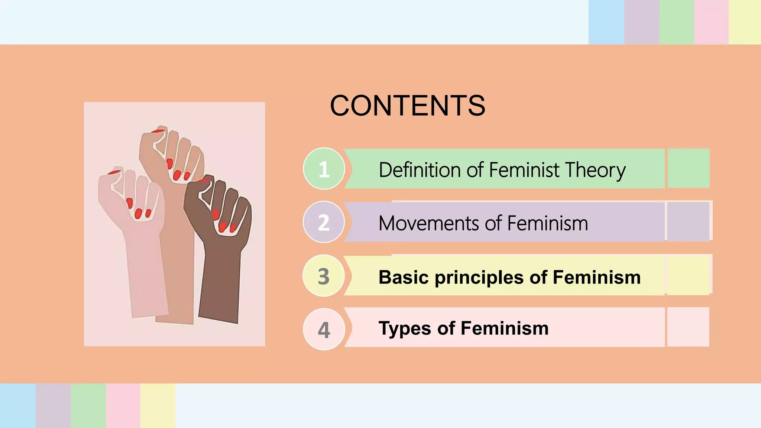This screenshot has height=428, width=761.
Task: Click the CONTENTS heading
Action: point(408,106)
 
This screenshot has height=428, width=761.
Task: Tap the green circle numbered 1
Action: point(324,169)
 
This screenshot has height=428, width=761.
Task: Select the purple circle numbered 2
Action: point(324,222)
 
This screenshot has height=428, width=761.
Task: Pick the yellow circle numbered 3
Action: point(324,276)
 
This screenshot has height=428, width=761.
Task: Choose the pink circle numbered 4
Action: point(324,329)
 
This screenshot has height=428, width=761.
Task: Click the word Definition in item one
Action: point(420,170)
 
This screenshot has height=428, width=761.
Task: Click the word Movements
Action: point(428,224)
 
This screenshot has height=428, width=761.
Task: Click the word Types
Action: point(405,328)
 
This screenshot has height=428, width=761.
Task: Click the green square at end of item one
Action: point(688,168)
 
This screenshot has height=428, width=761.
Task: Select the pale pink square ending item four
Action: point(688,327)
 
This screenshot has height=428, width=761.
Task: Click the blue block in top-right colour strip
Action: point(606,22)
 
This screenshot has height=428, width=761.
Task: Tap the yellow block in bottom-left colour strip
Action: point(158,406)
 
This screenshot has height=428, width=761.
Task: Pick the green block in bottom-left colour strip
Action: point(88,406)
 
